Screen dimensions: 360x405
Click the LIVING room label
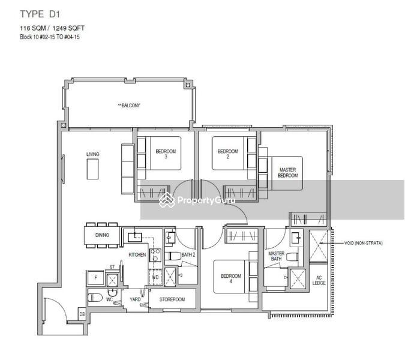[92, 154]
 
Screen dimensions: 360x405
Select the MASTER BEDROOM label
[287, 173]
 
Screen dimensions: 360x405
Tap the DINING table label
[102, 235]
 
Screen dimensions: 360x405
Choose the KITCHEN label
[137, 255]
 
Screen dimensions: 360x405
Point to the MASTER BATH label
[276, 256]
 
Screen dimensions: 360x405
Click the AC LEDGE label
[319, 280]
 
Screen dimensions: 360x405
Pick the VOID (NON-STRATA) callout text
[363, 243]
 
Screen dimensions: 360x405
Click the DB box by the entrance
[82, 313]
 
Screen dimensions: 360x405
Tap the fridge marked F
[95, 278]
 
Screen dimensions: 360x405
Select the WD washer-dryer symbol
[155, 277]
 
